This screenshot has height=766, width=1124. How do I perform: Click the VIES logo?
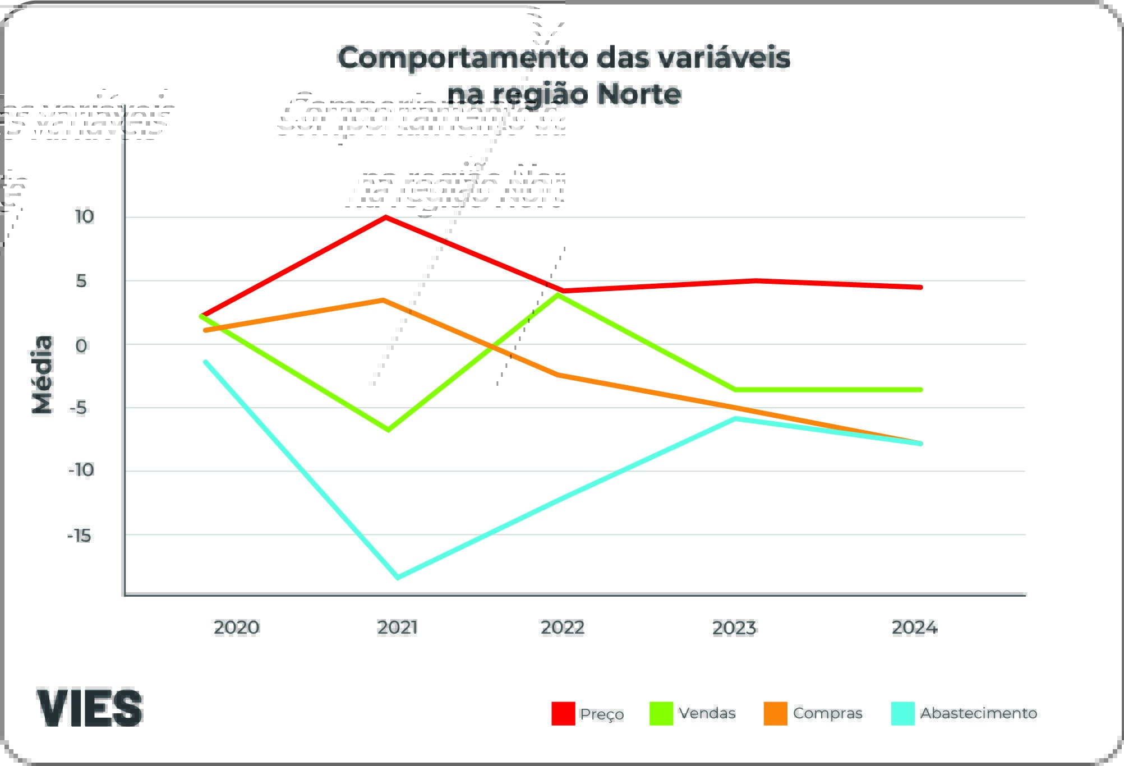[x=90, y=708]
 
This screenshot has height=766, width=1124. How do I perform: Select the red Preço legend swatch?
[x=563, y=713]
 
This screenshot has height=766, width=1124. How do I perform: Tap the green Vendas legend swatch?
[x=661, y=713]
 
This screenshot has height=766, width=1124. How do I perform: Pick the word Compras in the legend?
[x=827, y=713]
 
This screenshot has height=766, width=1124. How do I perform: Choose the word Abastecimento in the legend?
[x=978, y=713]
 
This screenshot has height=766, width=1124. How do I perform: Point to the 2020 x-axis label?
[x=236, y=627]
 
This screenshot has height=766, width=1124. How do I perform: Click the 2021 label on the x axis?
[x=397, y=627]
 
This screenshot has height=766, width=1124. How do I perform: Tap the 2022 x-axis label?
[x=562, y=627]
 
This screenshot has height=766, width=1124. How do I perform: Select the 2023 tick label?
[x=734, y=627]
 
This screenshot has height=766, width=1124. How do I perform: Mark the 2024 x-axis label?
[x=914, y=627]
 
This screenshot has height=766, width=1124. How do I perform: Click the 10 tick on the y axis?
[x=84, y=216]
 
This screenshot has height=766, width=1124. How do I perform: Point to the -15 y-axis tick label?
[x=79, y=536]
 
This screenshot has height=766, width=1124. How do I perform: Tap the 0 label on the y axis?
[x=81, y=345]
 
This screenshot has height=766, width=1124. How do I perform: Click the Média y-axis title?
[x=43, y=375]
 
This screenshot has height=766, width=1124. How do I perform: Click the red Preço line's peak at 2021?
[x=386, y=217]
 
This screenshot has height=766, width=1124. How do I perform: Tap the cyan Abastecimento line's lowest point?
[x=398, y=577]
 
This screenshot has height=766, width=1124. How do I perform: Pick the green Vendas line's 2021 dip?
[x=388, y=430]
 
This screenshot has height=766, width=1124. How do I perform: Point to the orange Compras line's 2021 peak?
[x=383, y=300]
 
